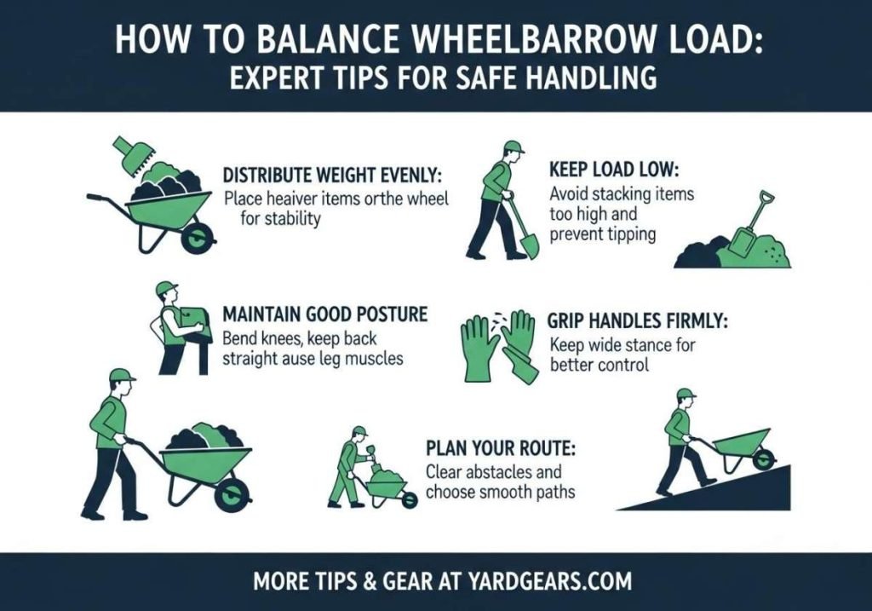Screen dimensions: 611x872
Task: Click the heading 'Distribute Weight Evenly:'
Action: [x=333, y=176]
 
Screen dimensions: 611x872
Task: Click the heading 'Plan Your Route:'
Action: [x=487, y=448]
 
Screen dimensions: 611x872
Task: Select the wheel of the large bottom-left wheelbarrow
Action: [x=231, y=493]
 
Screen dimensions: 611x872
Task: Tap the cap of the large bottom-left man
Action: [x=121, y=375]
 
